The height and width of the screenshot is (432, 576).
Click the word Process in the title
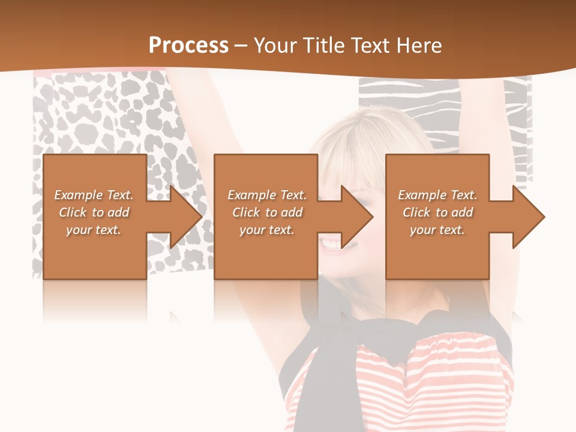188,45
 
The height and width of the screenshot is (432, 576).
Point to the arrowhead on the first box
187,217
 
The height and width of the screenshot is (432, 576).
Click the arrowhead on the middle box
358,217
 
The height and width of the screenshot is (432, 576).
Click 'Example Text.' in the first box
94,195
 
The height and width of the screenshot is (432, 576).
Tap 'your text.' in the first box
94,230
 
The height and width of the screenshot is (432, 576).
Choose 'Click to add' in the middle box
267,212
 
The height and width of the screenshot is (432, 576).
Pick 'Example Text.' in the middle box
267,195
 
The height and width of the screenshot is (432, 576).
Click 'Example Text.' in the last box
437,195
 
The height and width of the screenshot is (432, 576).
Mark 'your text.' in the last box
437,230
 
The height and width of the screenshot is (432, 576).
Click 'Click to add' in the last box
437,212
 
